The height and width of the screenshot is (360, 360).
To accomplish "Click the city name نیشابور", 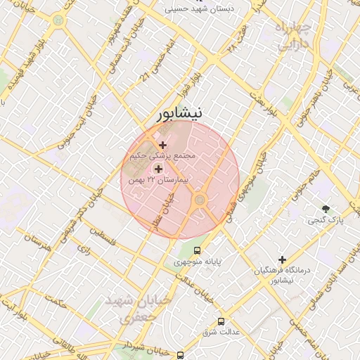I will (181, 113).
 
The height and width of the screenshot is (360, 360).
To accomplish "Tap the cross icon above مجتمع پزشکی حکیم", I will (163, 145).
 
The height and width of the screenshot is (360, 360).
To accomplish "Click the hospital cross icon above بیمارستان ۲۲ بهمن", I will (157, 169).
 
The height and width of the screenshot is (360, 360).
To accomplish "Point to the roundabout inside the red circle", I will (200, 201).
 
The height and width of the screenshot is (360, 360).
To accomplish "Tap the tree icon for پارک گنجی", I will (325, 208).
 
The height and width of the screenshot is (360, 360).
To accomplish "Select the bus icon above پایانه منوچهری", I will (197, 250).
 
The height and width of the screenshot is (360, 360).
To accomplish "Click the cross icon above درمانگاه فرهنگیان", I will (283, 259).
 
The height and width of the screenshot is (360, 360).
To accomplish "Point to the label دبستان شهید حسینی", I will (202, 9).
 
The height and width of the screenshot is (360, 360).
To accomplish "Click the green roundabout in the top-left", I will (57, 20).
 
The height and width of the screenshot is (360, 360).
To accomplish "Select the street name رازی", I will (83, 248).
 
